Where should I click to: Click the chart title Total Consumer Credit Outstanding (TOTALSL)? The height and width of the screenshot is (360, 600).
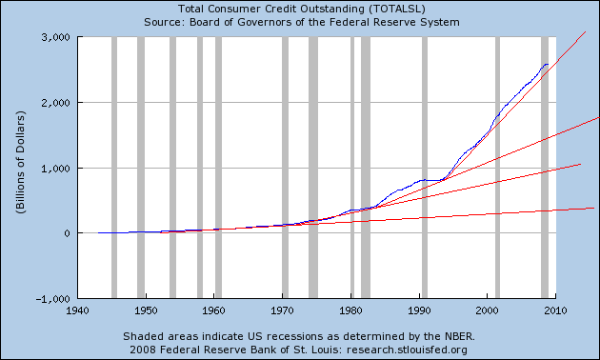click(299, 9)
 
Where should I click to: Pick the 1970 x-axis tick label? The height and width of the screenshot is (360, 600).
click(283, 310)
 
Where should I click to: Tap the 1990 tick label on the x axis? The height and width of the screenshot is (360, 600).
click(419, 310)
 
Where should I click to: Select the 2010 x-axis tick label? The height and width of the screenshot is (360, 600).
click(556, 310)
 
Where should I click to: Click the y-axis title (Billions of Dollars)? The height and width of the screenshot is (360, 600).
click(20, 168)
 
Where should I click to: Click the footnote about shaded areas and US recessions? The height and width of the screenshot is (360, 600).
click(299, 336)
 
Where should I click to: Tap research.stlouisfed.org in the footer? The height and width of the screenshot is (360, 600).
click(426, 349)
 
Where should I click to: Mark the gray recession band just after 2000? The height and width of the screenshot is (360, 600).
click(496, 168)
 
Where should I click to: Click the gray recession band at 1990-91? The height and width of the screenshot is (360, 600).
click(424, 168)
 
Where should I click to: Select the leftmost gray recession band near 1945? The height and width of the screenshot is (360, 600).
click(114, 168)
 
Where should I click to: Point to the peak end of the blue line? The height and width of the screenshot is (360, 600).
click(547, 64)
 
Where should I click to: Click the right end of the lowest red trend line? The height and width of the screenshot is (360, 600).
click(594, 207)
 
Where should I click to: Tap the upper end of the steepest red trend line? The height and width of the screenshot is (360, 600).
click(585, 32)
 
